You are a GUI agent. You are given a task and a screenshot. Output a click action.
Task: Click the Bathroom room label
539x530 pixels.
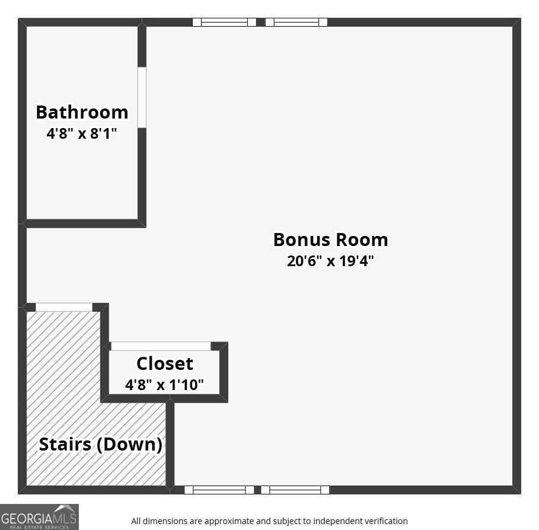click(x=82, y=113)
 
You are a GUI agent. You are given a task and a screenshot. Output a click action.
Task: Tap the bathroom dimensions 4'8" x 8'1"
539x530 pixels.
click(x=82, y=133)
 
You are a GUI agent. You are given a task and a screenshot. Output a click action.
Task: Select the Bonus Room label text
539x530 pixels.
click(x=331, y=240)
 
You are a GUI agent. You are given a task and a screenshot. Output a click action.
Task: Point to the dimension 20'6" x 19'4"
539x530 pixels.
click(x=330, y=261)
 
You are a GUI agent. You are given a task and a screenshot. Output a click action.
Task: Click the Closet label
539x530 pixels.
click(x=165, y=363)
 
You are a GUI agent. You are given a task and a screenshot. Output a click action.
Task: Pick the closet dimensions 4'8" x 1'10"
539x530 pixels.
click(x=164, y=385)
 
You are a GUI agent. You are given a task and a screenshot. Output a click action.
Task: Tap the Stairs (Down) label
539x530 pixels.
click(x=101, y=445)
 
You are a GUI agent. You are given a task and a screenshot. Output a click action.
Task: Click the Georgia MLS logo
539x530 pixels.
click(x=39, y=517)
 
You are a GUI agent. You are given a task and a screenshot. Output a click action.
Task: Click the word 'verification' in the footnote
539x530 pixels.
click(x=386, y=521)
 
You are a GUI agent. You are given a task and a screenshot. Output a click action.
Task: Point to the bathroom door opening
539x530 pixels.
click(x=142, y=97)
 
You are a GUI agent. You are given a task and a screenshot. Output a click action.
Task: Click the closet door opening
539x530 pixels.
click(x=161, y=346)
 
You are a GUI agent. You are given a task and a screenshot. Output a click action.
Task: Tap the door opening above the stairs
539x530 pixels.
click(x=64, y=307)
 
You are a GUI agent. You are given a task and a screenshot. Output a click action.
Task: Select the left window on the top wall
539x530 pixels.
click(x=224, y=22)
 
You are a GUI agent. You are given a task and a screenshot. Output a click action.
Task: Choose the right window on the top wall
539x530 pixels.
click(x=296, y=22)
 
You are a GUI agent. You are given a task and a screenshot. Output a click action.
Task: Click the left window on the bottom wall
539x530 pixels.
click(x=219, y=490)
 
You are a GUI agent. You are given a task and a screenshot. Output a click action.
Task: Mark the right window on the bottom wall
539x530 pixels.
click(x=295, y=490)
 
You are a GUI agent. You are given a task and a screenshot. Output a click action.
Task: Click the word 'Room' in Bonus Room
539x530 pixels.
click(x=362, y=240)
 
